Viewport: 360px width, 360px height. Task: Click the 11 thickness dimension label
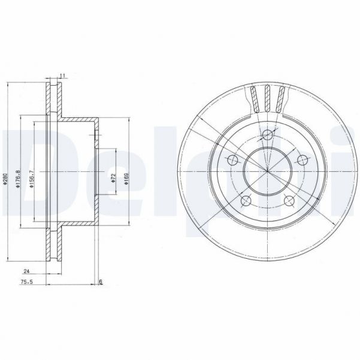62,75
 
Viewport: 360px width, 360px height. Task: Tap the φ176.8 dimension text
19,178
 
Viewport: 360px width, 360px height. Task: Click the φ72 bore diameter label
113,178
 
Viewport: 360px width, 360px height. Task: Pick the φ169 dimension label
126,178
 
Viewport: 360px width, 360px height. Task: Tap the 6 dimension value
101,282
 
